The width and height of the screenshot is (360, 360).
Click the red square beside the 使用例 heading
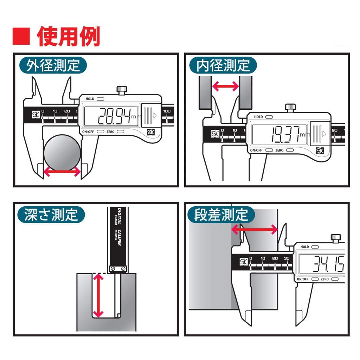[x=21, y=36]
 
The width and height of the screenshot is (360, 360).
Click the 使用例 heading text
[x=69, y=36]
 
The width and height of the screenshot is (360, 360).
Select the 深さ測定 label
[x=51, y=215]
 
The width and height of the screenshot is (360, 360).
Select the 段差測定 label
[x=221, y=215]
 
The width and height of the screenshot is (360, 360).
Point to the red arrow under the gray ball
[x=62, y=172]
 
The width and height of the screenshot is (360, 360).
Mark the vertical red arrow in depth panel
[x=98, y=295]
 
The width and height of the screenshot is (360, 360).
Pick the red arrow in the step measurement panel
[x=255, y=230]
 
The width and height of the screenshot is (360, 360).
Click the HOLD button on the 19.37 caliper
[x=270, y=117]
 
